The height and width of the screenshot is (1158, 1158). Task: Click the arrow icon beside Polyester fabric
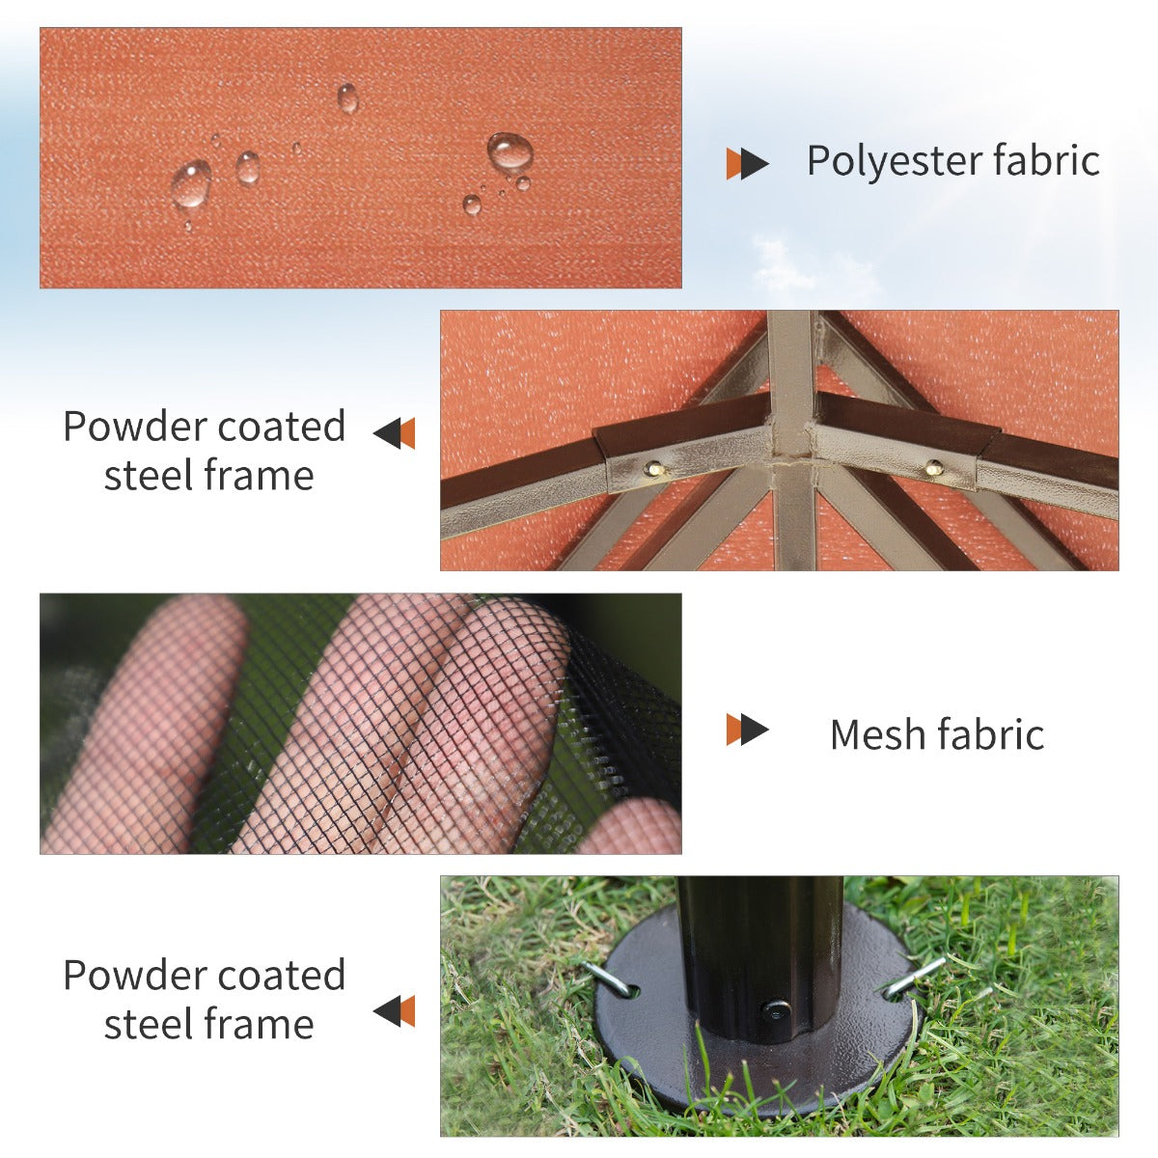coord(747,164)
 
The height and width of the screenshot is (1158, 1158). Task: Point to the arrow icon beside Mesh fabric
coord(747,730)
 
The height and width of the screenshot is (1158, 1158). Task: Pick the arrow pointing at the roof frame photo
coord(394,433)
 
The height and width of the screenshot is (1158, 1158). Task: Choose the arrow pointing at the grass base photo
coord(394,1011)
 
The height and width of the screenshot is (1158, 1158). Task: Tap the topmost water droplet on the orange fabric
coord(347,97)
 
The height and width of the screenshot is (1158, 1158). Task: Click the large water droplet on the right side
coord(509,152)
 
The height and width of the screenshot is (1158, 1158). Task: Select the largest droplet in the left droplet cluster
coord(192,183)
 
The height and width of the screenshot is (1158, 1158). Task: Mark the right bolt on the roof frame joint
coord(933,468)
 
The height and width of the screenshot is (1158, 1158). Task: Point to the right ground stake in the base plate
coord(914,977)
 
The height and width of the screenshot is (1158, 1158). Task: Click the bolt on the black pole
coord(775,1010)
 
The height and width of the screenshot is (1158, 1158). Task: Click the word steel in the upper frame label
coord(152,476)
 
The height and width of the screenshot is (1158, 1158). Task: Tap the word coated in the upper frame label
coord(281,427)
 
